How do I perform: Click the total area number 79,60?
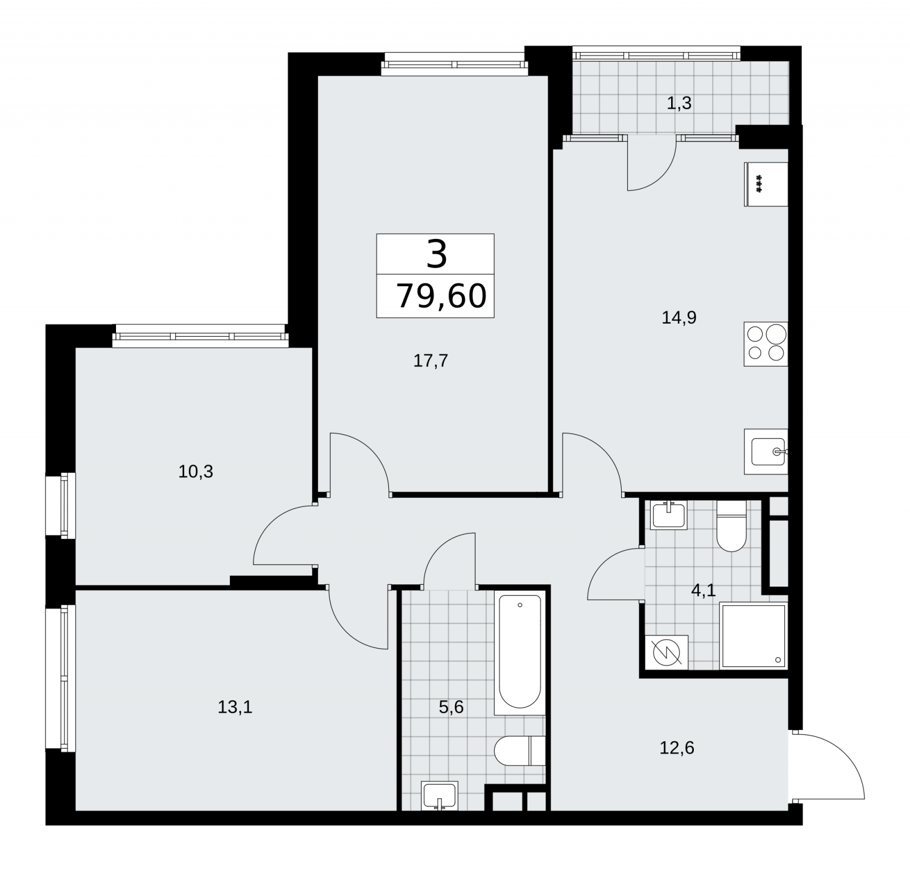[441, 296]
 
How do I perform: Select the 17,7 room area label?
[431, 361]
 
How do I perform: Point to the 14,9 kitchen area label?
[679, 317]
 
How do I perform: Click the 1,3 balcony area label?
[679, 104]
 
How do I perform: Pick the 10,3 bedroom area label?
[196, 472]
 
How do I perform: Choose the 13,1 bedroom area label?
[235, 707]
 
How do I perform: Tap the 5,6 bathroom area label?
[452, 707]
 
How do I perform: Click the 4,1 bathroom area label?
[703, 591]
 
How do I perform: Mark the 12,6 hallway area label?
[677, 748]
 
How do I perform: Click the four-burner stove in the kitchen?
[766, 344]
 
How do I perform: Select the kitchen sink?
[766, 452]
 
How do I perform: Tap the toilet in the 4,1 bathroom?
[731, 526]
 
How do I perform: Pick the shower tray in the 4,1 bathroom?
[754, 636]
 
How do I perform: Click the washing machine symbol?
[667, 652]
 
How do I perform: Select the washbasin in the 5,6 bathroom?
[439, 795]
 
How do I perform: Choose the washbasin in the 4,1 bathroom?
[669, 514]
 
